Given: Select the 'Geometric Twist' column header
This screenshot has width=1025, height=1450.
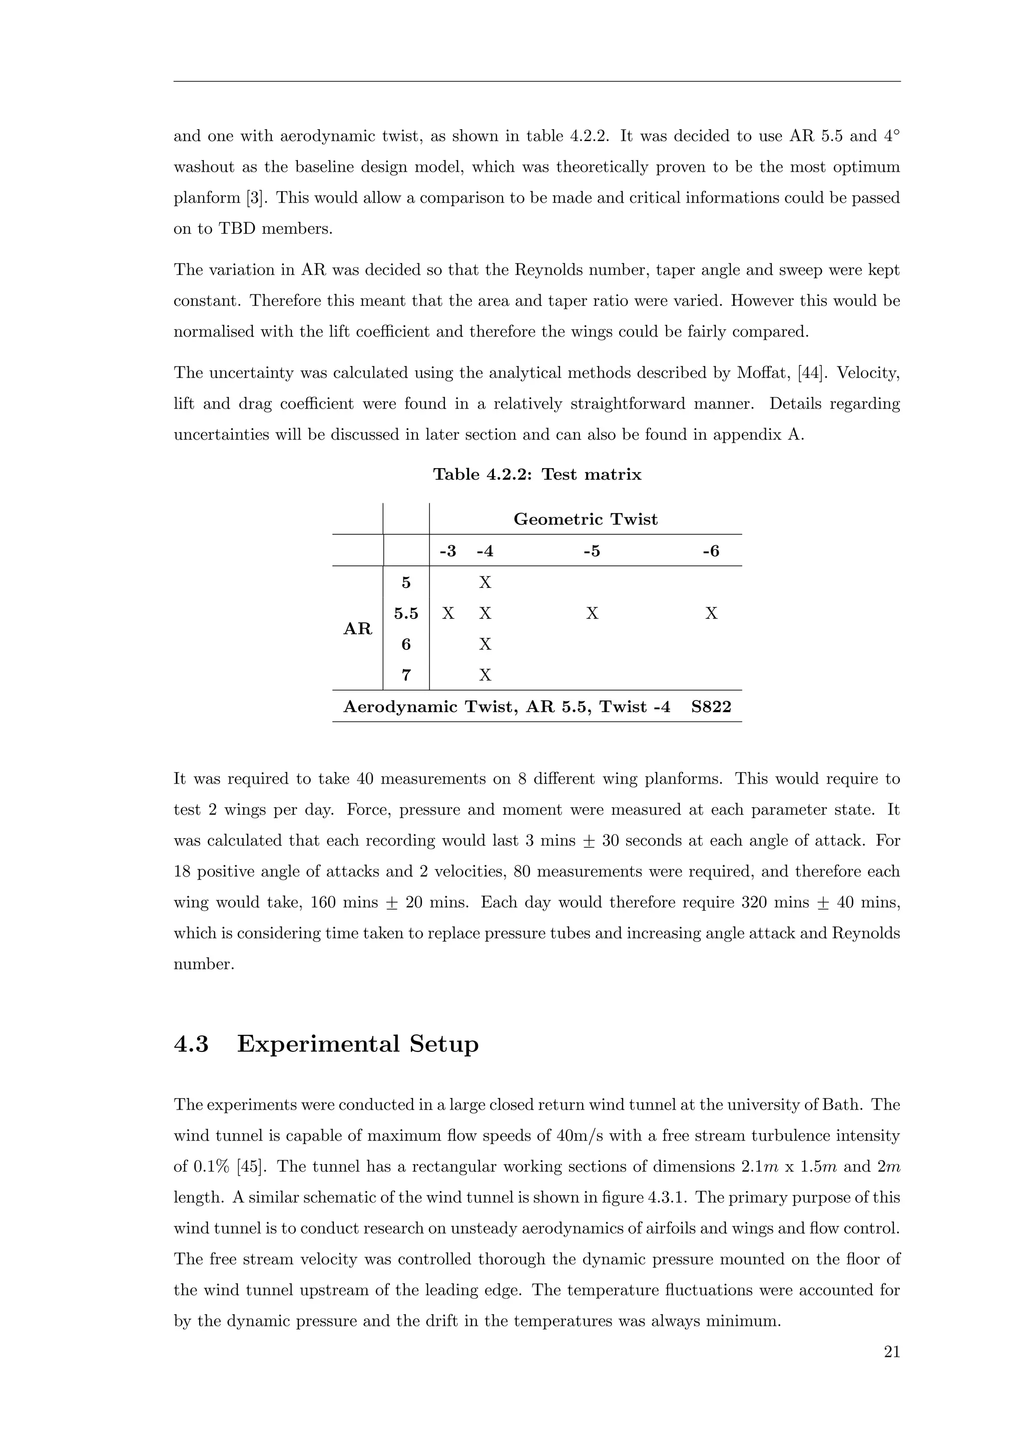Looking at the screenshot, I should [585, 519].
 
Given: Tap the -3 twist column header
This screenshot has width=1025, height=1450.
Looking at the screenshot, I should [447, 551].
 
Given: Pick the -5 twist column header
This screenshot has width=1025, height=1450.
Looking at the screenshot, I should [592, 551].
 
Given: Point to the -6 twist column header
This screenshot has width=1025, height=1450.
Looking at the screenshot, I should [711, 551].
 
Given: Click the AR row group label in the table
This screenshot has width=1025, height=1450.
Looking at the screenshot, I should [357, 629].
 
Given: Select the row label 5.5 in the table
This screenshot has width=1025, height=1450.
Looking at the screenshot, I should [406, 613].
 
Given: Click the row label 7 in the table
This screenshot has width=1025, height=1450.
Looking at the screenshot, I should [406, 675].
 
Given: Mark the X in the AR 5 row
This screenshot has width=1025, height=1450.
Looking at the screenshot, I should [485, 582].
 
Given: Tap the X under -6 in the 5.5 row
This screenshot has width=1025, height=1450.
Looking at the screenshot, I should [711, 613].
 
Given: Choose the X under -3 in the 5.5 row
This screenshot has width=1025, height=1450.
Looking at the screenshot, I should [448, 613].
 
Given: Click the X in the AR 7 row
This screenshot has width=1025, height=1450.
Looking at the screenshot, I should [485, 675].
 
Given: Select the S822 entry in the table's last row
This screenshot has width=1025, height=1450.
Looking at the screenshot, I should [711, 706].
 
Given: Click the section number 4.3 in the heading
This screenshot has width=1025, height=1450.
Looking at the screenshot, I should [191, 1044].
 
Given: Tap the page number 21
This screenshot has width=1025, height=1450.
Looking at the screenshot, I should [891, 1351].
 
